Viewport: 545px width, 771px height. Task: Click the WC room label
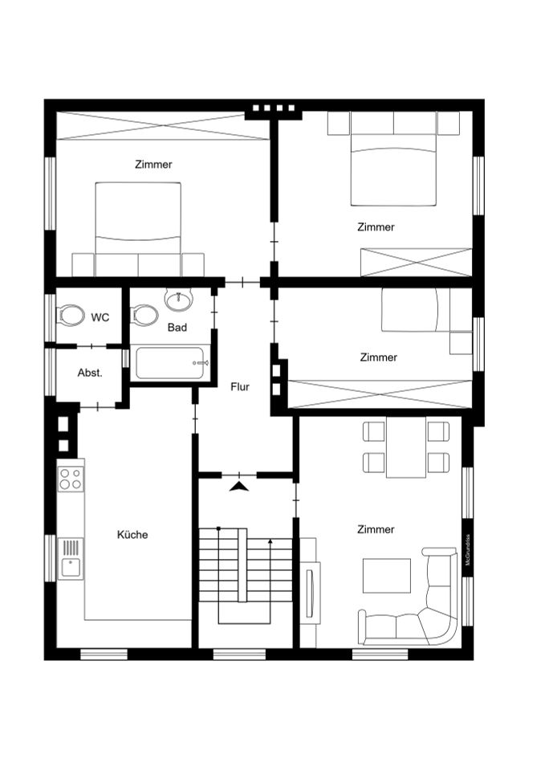pos(100,317)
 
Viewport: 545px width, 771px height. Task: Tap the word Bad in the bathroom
pos(177,328)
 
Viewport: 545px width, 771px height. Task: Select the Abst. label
pos(89,373)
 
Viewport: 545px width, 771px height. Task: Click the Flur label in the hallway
pos(240,386)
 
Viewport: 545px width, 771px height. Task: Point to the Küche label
pos(132,534)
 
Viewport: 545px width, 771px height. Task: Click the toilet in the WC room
pos(71,316)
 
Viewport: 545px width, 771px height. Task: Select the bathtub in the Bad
pos(173,363)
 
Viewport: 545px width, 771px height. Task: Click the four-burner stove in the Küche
pos(71,479)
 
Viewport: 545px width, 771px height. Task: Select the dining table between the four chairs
pos(405,447)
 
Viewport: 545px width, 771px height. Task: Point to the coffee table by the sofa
pos(386,575)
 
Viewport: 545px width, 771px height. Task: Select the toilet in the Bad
pos(144,315)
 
